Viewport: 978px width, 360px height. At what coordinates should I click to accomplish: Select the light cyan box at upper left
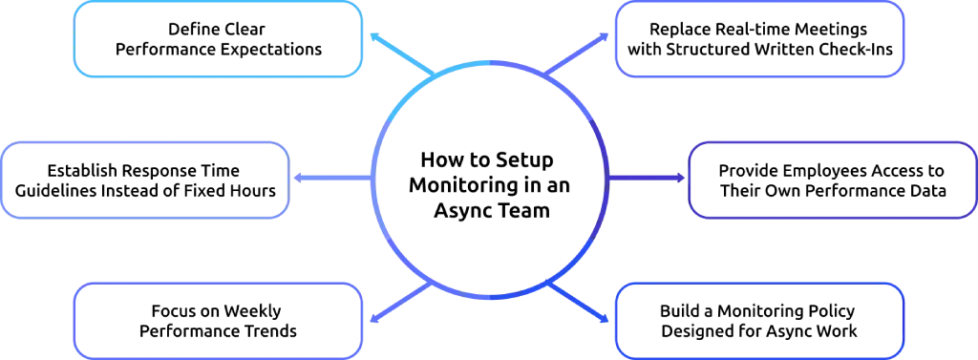[x=219, y=40]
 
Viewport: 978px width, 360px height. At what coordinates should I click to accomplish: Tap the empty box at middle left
[x=147, y=179]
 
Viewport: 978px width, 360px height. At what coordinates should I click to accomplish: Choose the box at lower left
[x=219, y=318]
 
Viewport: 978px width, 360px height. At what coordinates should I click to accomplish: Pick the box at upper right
[x=760, y=40]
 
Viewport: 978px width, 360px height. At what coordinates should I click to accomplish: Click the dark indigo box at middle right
[x=832, y=179]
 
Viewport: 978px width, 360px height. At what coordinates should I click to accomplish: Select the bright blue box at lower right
[x=758, y=318]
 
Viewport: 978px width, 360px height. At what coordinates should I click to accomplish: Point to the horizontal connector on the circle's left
[x=330, y=179]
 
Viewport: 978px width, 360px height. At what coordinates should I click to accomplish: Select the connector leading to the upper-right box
[x=581, y=54]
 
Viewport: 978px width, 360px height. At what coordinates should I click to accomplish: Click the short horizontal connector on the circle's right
[x=648, y=178]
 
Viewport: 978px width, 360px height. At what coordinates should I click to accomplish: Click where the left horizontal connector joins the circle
[x=372, y=179]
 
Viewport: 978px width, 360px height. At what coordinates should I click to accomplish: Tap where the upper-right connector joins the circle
[x=549, y=74]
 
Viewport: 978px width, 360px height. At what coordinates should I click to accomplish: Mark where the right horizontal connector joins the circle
[x=609, y=178]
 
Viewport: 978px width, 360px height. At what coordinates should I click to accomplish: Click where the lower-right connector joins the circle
[x=549, y=284]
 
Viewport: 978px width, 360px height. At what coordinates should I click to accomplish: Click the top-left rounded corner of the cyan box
[x=79, y=10]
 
